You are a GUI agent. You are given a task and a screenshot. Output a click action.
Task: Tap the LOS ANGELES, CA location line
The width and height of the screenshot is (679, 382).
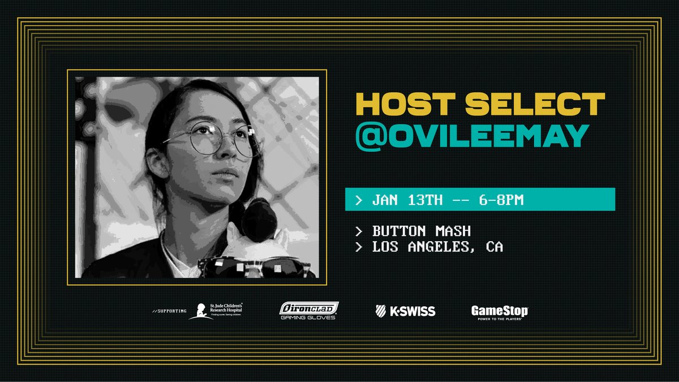437,247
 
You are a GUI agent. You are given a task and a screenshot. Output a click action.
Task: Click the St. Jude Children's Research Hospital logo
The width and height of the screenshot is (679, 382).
221,311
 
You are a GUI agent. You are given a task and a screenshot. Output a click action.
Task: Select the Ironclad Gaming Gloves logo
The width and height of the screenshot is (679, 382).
309,311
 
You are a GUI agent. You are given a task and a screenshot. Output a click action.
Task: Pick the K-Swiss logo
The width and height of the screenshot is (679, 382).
405,311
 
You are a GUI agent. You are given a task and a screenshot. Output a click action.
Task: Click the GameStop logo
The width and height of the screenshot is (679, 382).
500,311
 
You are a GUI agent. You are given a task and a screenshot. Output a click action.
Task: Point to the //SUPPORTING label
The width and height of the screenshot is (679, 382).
169,311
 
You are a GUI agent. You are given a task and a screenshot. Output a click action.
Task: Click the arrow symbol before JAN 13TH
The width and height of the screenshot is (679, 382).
358,200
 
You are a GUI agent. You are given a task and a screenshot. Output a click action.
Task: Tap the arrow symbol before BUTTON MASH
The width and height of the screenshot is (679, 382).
358,231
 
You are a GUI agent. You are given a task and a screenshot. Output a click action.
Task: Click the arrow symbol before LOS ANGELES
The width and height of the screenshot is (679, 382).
358,247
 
